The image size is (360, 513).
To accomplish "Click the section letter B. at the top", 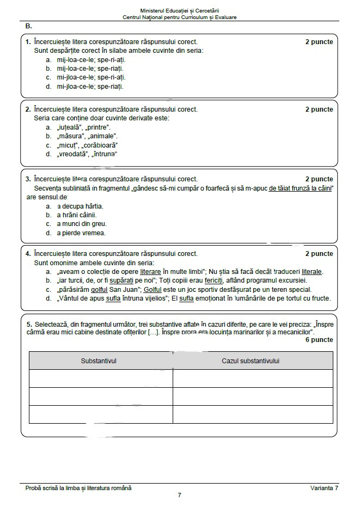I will point(29,26).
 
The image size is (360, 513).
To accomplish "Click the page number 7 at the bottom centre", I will point(180,495).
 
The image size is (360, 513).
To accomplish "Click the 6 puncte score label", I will point(320,340).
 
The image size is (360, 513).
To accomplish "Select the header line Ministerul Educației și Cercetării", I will point(180,10).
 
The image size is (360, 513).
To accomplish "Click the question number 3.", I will point(28,179).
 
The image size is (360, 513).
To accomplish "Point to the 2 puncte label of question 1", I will point(319,42).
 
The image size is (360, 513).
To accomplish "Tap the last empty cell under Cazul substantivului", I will point(253,414).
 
